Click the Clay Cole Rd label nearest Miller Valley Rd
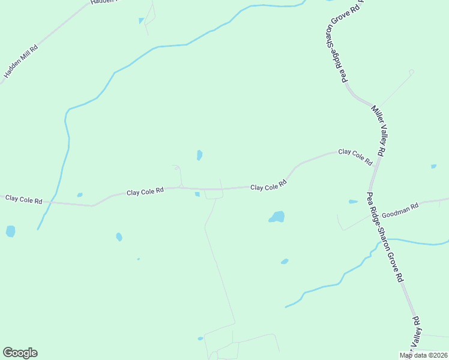pos(355,157)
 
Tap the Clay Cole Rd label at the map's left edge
pos(24,199)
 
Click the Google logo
pos(20,353)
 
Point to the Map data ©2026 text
pos(423,356)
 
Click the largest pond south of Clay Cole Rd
pos(277,217)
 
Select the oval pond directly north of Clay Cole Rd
pos(199,155)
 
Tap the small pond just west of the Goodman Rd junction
pos(353,202)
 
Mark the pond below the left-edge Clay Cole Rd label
pos(10,231)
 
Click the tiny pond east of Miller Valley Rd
pos(433,166)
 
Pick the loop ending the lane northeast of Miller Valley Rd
pos(411,72)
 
